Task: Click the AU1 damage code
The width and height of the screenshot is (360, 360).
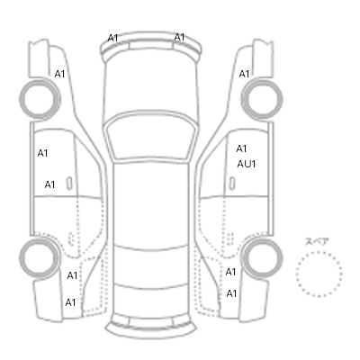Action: pos(247,164)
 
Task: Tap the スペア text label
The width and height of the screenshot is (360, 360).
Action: pos(317,242)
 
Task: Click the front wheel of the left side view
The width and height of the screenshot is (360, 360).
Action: pos(40,99)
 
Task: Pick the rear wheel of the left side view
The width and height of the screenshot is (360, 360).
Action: pos(40,258)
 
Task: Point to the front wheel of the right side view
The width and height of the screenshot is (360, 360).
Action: pos(262,99)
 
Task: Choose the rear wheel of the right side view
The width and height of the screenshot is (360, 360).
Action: pos(262,258)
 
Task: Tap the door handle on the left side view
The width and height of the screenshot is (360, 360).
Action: pos(69,184)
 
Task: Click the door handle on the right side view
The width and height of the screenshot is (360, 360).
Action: pos(232,184)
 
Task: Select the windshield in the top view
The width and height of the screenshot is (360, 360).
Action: pos(151,137)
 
